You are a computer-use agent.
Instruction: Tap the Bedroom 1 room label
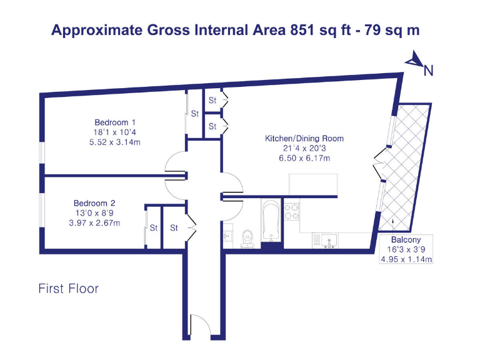(115, 122)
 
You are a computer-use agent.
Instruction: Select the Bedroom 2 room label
(94, 203)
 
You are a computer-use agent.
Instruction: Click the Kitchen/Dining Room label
(304, 138)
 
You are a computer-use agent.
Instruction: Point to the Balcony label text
(406, 239)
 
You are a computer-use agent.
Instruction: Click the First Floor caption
(68, 289)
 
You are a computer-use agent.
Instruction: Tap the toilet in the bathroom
(247, 237)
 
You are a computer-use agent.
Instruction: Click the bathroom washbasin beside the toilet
(227, 236)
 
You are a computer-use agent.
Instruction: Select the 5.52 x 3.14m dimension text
(115, 142)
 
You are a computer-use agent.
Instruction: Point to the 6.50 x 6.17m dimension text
(304, 159)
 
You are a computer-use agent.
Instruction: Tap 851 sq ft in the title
(302, 30)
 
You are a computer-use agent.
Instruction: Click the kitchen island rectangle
(314, 184)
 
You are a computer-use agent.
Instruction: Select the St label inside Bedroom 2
(153, 228)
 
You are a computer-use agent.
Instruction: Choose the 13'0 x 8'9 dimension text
(94, 213)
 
